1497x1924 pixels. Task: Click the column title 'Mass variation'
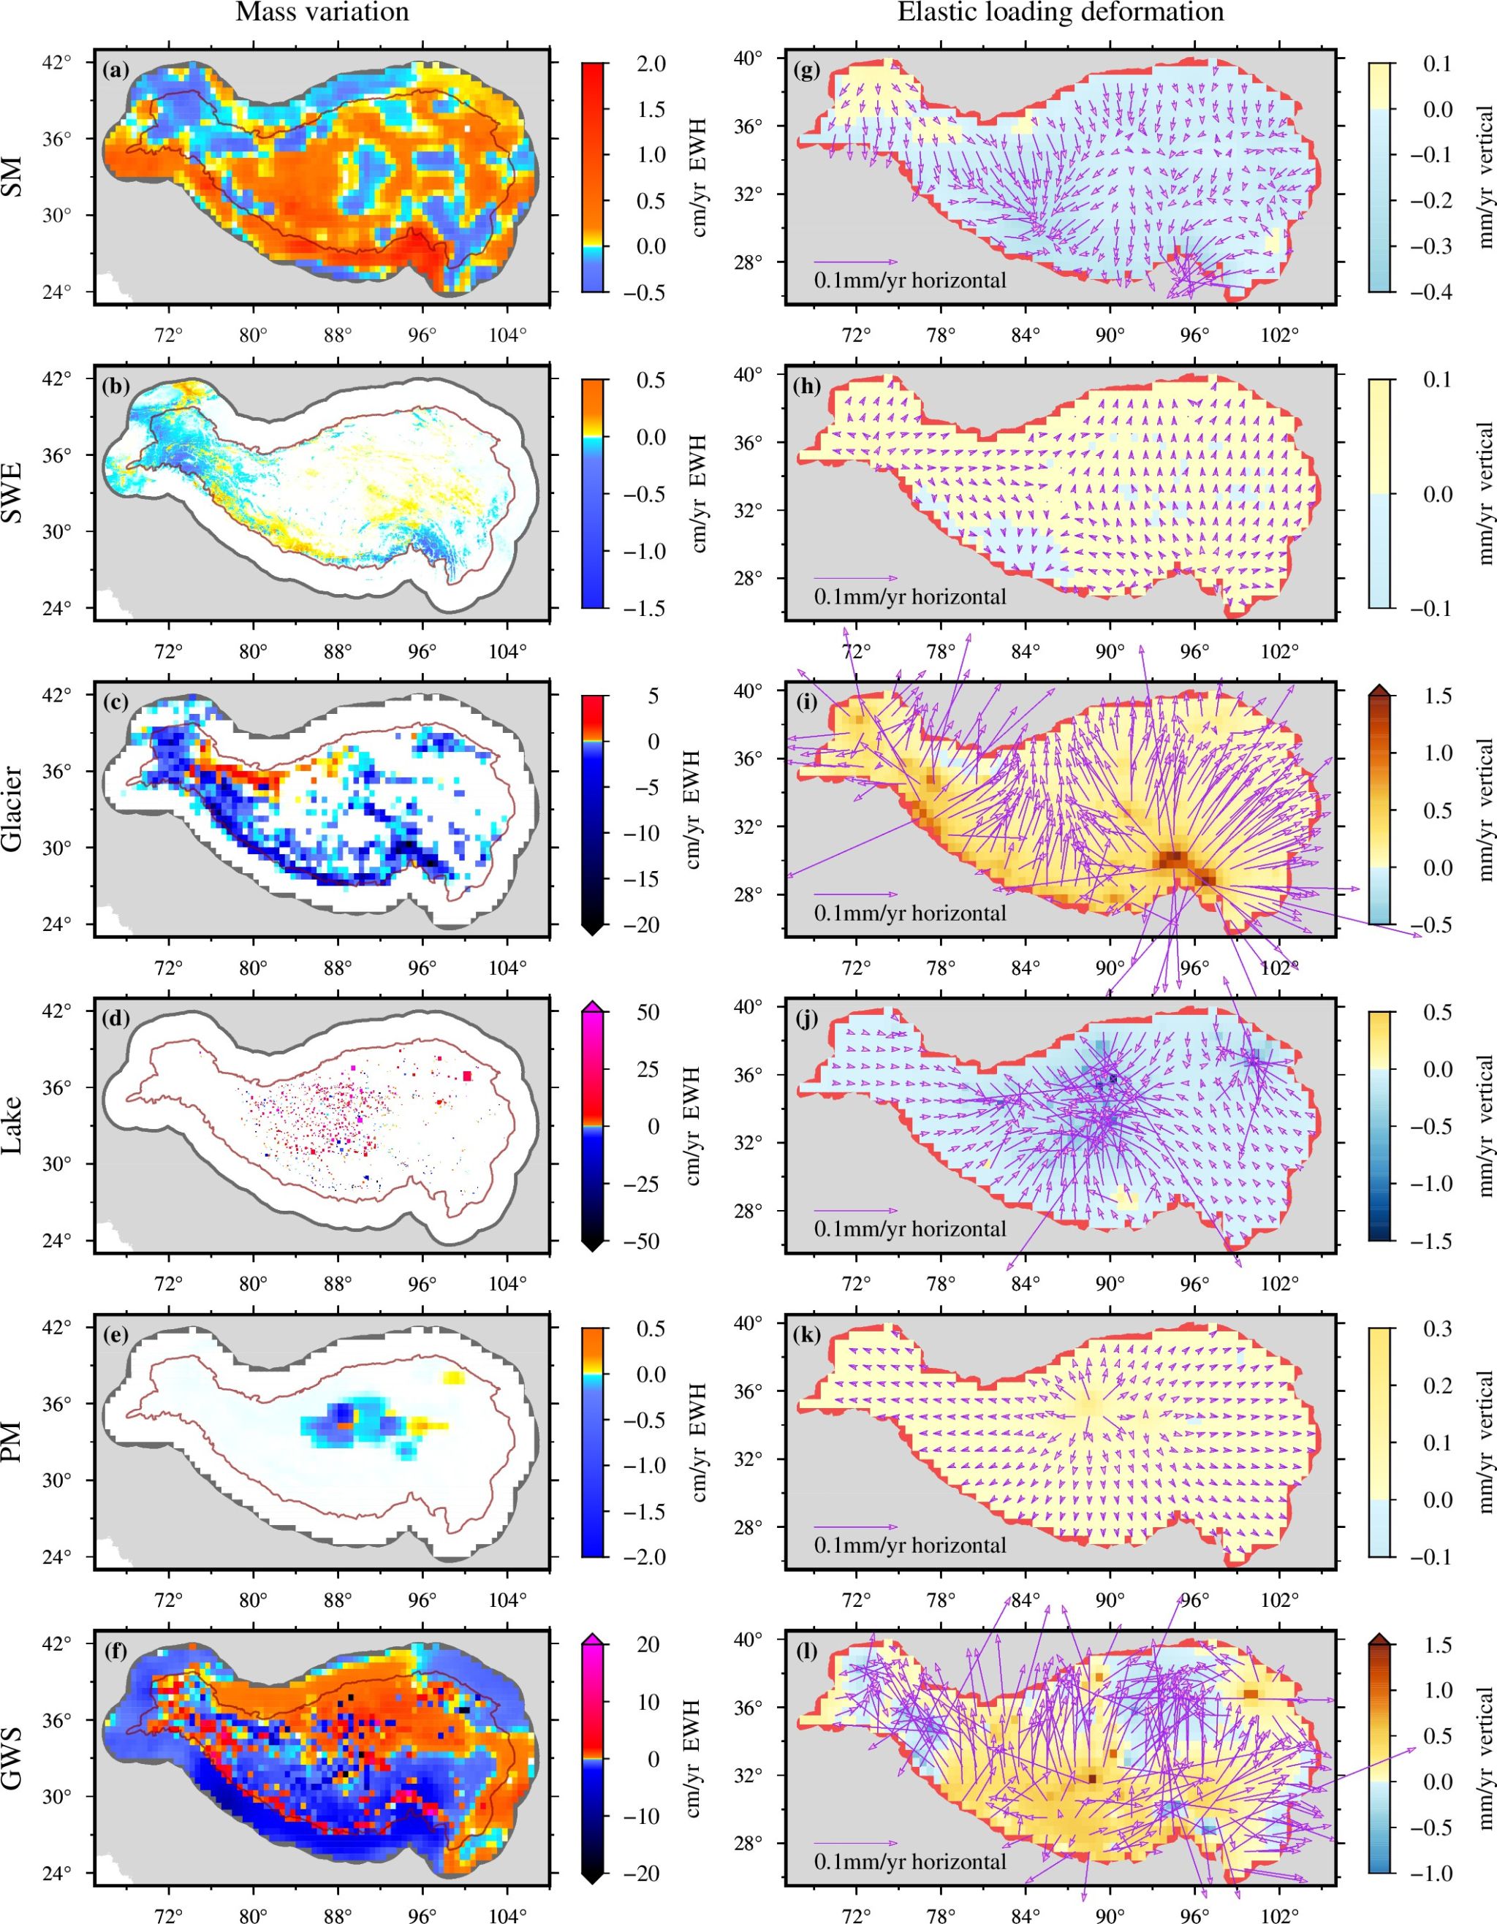click(x=322, y=12)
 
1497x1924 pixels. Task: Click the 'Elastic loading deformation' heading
click(x=1060, y=12)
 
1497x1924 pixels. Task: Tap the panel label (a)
click(x=115, y=70)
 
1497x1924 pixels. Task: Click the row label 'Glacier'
click(x=12, y=809)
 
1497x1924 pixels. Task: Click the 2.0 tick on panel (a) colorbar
click(x=651, y=64)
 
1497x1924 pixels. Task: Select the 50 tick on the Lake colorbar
click(x=648, y=1012)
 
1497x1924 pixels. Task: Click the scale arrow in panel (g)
click(x=854, y=262)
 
